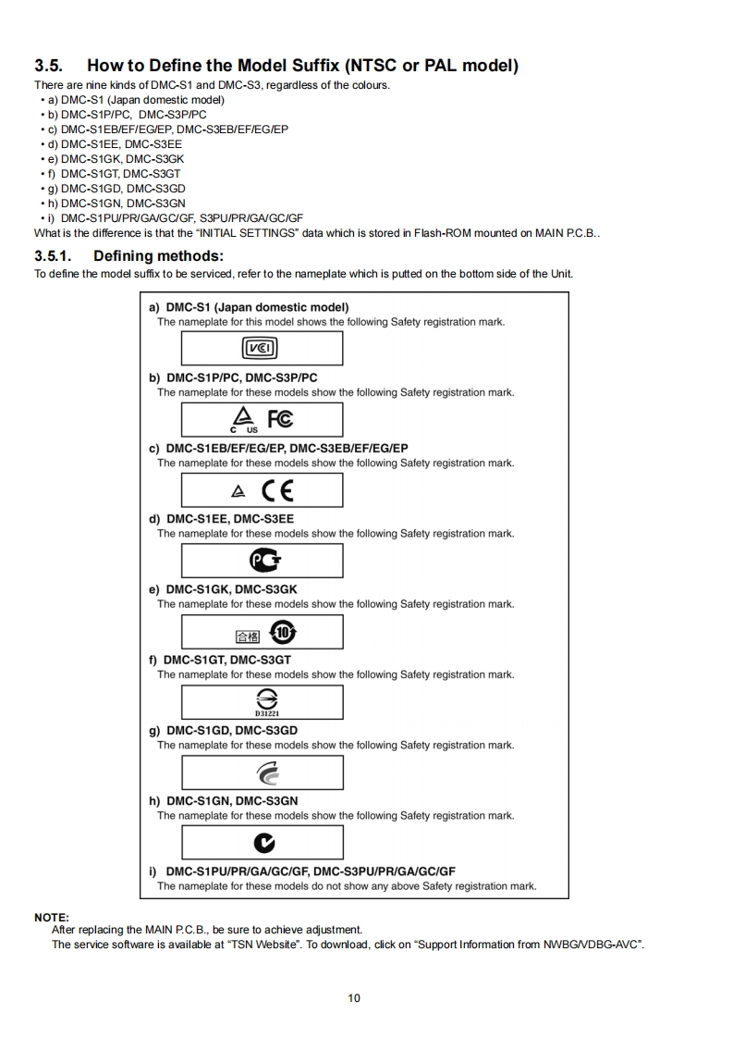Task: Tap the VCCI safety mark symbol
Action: click(260, 349)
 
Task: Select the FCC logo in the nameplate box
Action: click(280, 418)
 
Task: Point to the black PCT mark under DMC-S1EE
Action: click(264, 561)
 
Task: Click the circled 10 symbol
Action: click(281, 632)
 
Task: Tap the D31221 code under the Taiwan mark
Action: click(266, 712)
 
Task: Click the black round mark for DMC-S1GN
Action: click(264, 843)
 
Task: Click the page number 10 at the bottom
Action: click(354, 997)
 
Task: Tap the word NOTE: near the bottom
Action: click(52, 917)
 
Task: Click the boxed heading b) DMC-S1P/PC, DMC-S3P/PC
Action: click(233, 377)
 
